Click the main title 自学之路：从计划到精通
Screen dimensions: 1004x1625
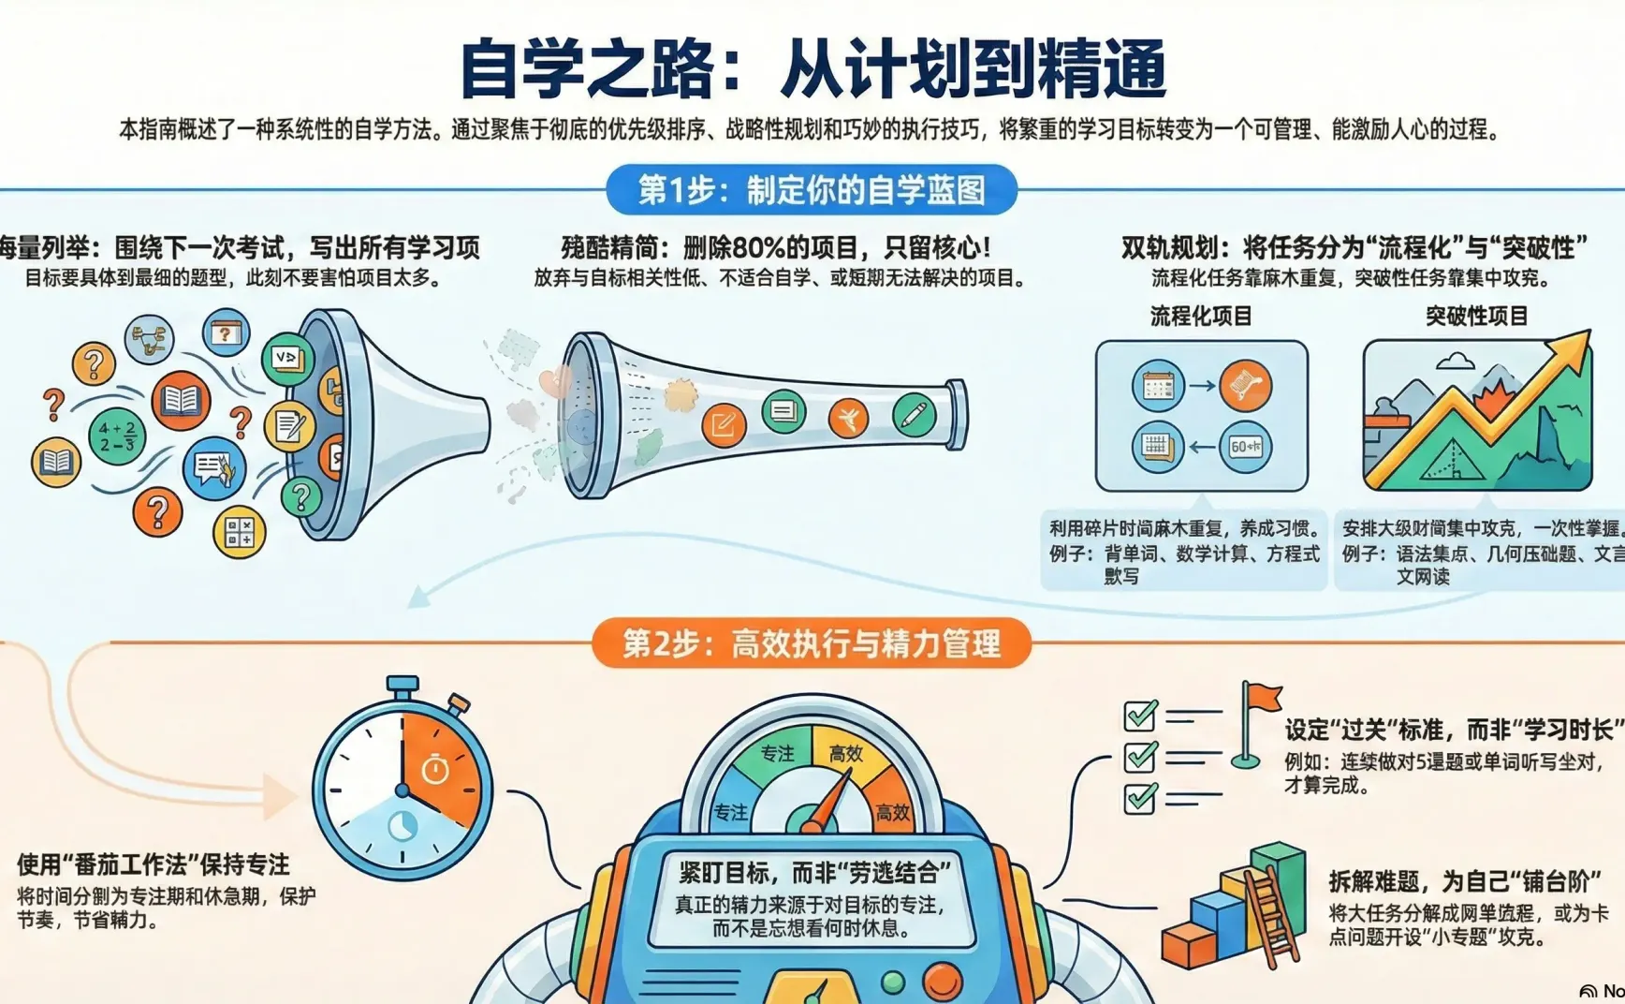pyautogui.click(x=812, y=67)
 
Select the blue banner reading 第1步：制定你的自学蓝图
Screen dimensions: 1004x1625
pyautogui.click(x=812, y=190)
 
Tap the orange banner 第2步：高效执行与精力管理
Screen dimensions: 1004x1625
pyautogui.click(x=812, y=643)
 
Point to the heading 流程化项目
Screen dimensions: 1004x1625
pyautogui.click(x=1201, y=316)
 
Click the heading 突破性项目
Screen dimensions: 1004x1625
pyautogui.click(x=1476, y=316)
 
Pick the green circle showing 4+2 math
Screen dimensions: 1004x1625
pyautogui.click(x=117, y=436)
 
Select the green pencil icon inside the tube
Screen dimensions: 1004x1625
pyautogui.click(x=914, y=414)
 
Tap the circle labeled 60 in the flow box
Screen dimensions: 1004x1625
pyautogui.click(x=1245, y=447)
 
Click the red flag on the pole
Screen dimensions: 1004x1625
pyautogui.click(x=1264, y=697)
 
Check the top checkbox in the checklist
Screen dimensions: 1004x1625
pyautogui.click(x=1140, y=716)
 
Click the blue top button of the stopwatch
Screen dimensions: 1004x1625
pyautogui.click(x=403, y=686)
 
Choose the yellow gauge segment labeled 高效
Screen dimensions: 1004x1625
pyautogui.click(x=846, y=753)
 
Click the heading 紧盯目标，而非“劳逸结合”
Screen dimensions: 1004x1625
pyautogui.click(x=812, y=873)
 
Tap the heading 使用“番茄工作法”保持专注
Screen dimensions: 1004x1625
pyautogui.click(x=154, y=864)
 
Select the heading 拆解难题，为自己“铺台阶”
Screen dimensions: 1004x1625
pyautogui.click(x=1464, y=881)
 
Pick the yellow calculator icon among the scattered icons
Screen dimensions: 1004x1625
pyautogui.click(x=240, y=533)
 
